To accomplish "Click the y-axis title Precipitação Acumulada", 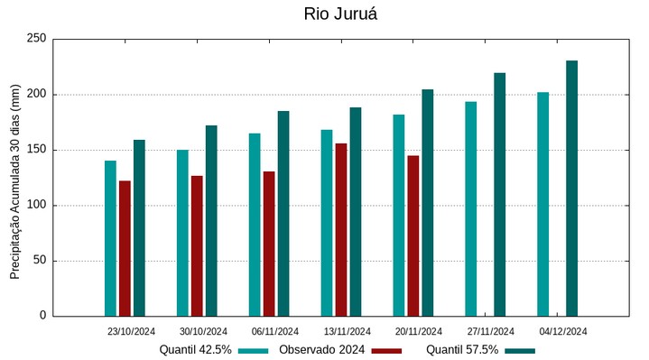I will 14,188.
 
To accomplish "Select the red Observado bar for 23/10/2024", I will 125,248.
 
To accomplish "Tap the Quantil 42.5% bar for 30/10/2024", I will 182,233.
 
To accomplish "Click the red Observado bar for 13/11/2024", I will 341,229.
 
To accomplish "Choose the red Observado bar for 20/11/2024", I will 413,235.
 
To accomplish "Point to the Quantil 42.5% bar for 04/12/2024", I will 542,204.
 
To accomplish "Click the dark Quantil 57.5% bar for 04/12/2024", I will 571,188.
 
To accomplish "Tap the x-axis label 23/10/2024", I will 131,331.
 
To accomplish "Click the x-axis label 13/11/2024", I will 347,331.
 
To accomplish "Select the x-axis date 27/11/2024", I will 491,331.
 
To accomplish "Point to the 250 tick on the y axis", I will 36,39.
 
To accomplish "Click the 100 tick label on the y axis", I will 36,205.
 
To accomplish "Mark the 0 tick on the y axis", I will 42,316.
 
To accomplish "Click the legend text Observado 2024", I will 321,350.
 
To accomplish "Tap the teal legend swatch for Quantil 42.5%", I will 254,350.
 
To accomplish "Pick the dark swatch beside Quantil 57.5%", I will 520,350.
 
